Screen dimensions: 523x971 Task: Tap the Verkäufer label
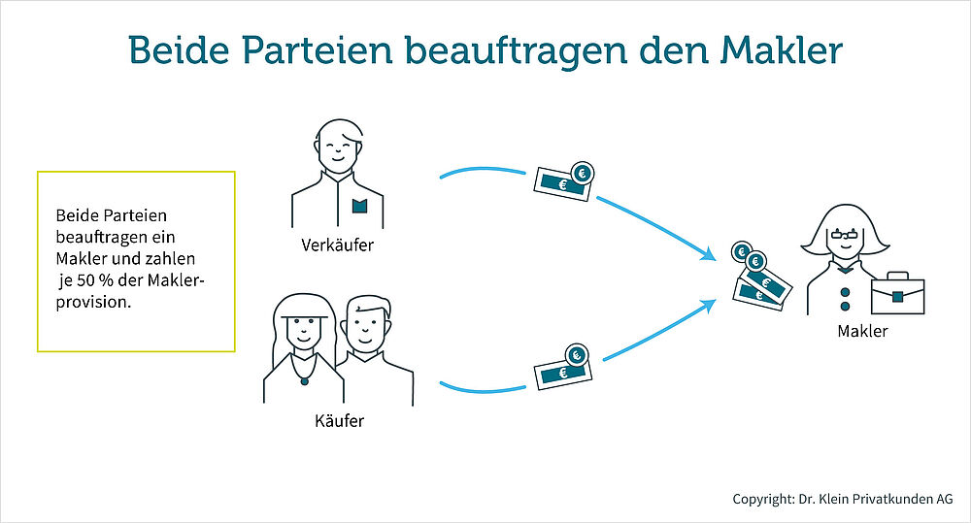337,245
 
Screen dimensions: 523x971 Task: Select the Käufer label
339,422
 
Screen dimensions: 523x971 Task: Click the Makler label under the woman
862,332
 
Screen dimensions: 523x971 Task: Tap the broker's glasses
841,235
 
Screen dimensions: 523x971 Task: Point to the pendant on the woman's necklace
304,379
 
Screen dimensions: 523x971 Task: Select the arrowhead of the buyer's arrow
712,306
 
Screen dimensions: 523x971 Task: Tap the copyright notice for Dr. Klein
842,499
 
